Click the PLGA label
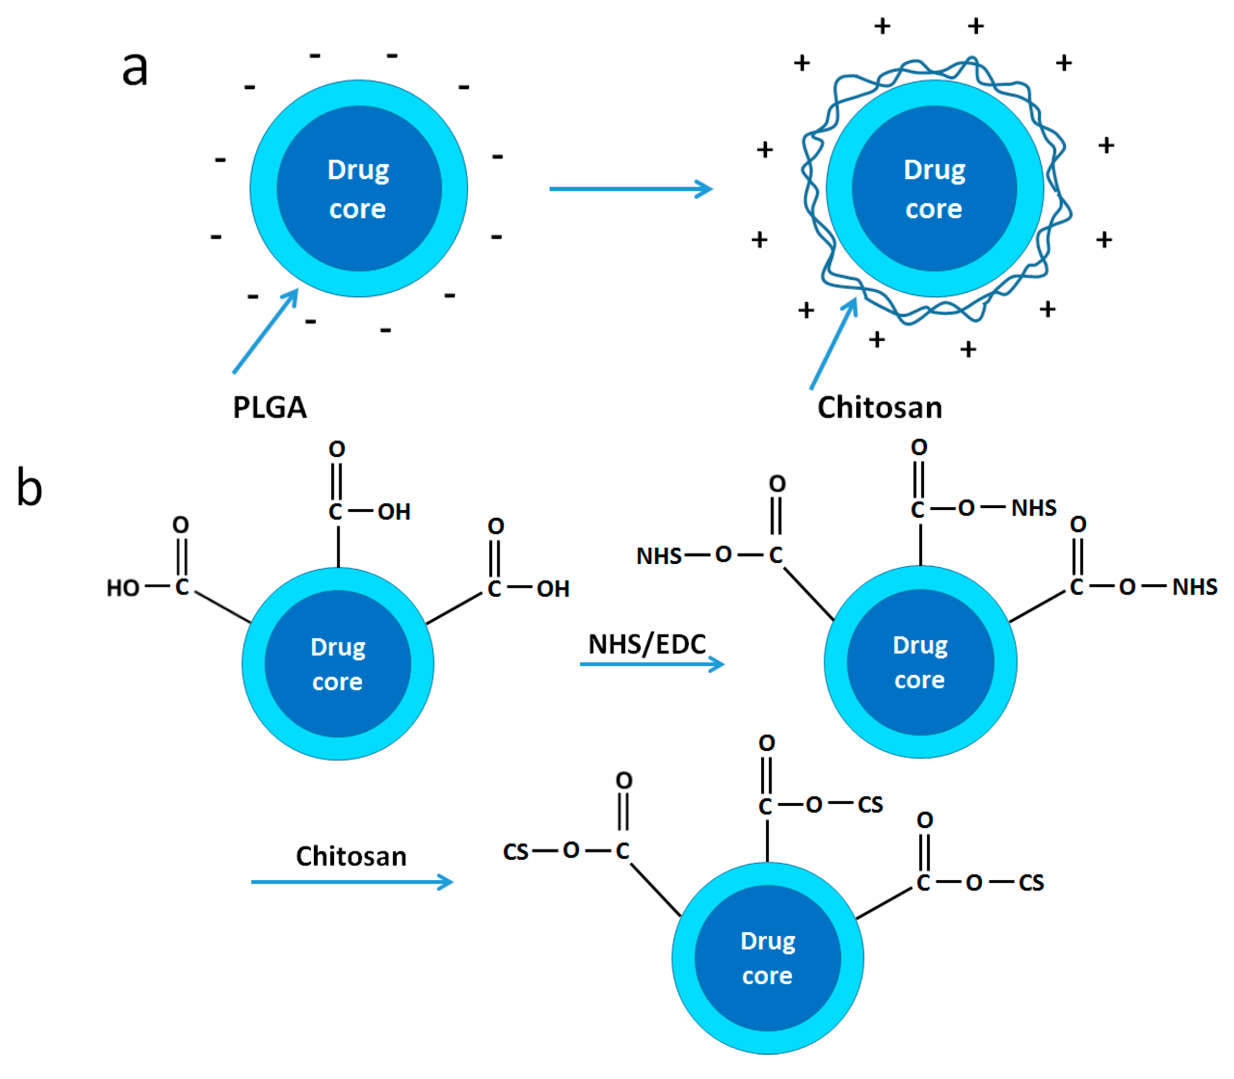coord(269,408)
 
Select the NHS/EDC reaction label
coord(647,644)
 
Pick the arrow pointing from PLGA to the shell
coord(265,331)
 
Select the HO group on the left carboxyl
coord(123,588)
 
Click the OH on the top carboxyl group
coord(394,512)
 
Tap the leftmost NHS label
coord(659,556)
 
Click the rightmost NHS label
coord(1194,586)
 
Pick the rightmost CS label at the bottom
coord(1030,883)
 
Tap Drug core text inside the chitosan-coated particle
coord(934,189)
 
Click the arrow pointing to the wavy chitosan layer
coord(834,343)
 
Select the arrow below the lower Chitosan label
coord(351,882)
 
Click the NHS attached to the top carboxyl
coord(1033,508)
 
